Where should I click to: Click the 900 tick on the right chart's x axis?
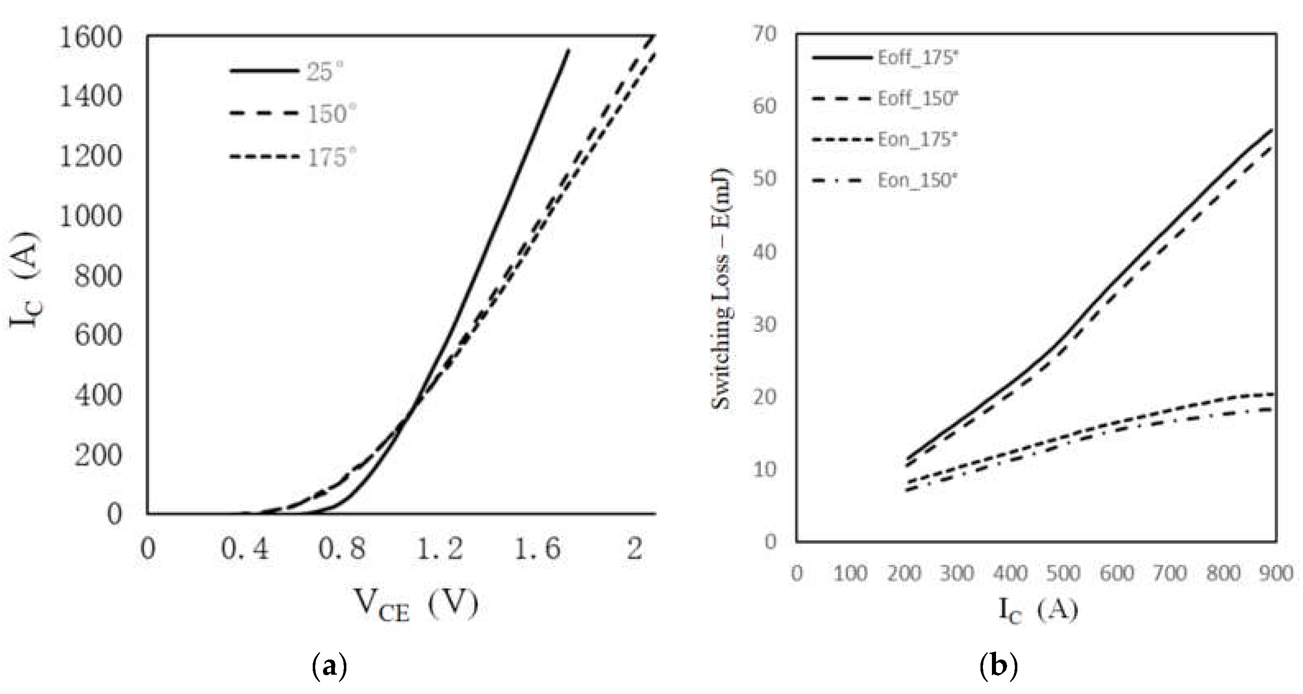point(1276,573)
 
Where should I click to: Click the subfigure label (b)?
point(998,667)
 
